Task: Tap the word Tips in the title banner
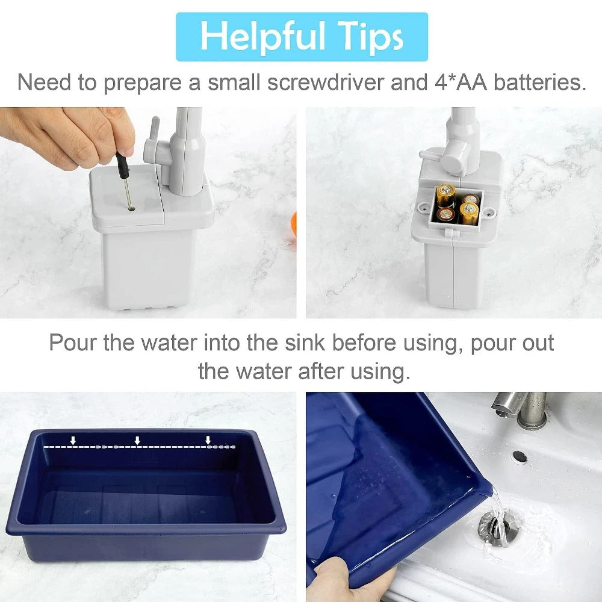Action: click(371, 37)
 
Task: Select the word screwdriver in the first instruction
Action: click(326, 82)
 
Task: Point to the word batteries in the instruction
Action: click(539, 82)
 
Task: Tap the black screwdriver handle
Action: click(122, 165)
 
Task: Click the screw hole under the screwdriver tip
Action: click(131, 208)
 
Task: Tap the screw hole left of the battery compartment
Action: click(424, 208)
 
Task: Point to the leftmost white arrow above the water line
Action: click(73, 441)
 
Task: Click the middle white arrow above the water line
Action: click(137, 441)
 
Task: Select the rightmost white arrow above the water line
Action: click(208, 441)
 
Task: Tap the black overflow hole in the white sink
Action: click(520, 457)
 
